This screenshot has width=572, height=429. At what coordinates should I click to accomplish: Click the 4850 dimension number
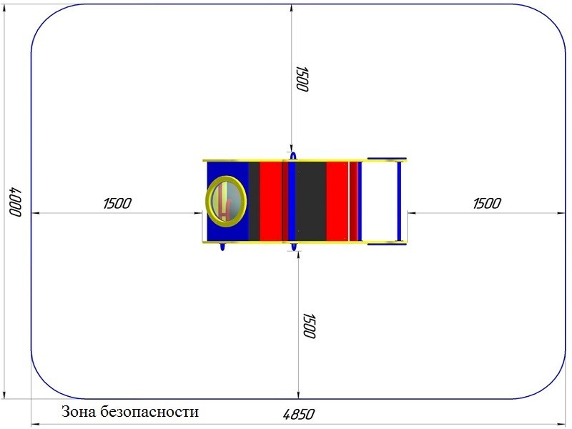click(298, 415)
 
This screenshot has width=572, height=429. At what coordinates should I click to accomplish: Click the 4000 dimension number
click(15, 202)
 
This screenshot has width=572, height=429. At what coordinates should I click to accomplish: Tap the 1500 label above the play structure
click(302, 79)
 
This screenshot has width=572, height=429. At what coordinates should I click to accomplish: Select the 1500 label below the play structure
click(309, 326)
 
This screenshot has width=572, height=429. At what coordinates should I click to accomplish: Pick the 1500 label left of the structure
click(117, 203)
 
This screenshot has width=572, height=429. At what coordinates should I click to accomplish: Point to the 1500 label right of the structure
click(487, 203)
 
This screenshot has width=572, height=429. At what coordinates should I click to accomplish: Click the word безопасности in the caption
click(149, 412)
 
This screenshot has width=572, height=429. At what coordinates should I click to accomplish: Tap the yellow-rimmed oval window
click(226, 202)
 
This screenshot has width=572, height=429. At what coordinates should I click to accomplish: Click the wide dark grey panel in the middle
click(311, 201)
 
